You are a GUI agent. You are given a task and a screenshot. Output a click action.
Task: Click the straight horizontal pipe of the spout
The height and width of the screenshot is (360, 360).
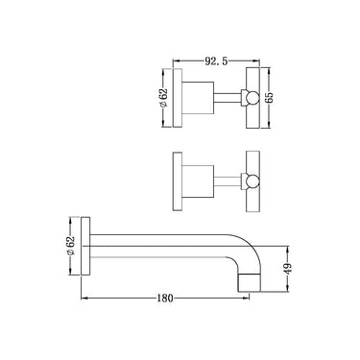(163, 233)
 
